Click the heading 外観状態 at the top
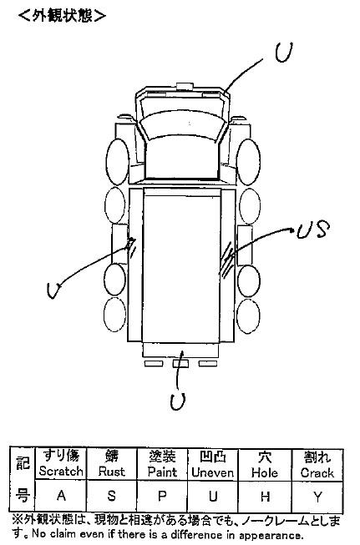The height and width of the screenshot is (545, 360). click(63, 16)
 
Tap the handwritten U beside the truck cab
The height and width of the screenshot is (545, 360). click(283, 53)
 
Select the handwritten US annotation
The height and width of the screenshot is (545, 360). click(313, 230)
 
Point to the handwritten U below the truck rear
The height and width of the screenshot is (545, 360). click(178, 401)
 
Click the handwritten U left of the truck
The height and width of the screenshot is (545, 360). click(54, 290)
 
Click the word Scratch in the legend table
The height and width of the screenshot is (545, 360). click(61, 472)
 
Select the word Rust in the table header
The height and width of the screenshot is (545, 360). click(111, 472)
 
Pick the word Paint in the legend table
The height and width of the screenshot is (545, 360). click(162, 472)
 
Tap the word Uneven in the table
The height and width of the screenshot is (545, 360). click(212, 472)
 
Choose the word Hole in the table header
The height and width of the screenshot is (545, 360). click(265, 472)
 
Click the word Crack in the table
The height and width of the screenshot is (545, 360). click(317, 473)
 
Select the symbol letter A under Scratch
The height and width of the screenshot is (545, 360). click(61, 495)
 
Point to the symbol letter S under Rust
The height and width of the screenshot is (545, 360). click(111, 496)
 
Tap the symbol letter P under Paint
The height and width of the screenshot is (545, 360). click(162, 496)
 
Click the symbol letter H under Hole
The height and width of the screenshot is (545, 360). click(265, 497)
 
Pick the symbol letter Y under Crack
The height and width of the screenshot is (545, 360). click(317, 497)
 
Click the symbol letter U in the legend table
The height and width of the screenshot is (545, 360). click(213, 497)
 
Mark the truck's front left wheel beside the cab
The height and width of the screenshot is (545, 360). click(118, 162)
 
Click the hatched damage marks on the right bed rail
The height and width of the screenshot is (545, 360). click(227, 260)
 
